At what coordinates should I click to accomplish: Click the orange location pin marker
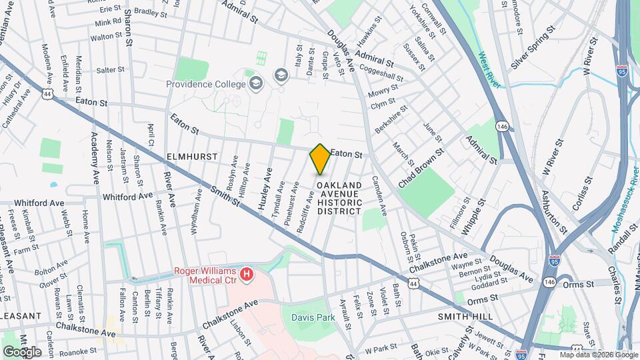tap(320, 159)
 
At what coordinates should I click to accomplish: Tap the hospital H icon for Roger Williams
tap(247, 274)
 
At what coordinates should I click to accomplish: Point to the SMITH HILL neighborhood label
tap(464, 316)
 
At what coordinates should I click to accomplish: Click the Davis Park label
tap(313, 317)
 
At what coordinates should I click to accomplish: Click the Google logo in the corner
tap(22, 351)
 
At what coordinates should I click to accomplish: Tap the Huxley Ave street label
tap(268, 185)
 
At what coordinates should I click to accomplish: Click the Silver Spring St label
tap(533, 49)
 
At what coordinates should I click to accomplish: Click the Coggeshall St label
tap(381, 68)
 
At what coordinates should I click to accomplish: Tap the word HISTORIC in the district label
tap(339, 202)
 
